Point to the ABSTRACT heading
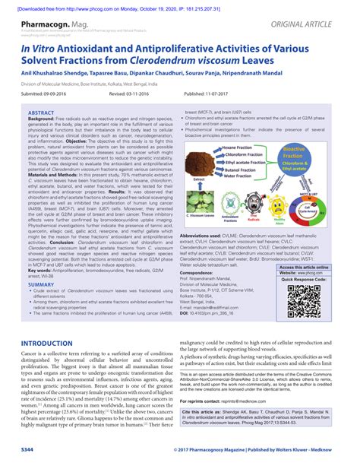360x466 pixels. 41,112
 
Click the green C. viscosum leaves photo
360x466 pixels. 201,201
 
